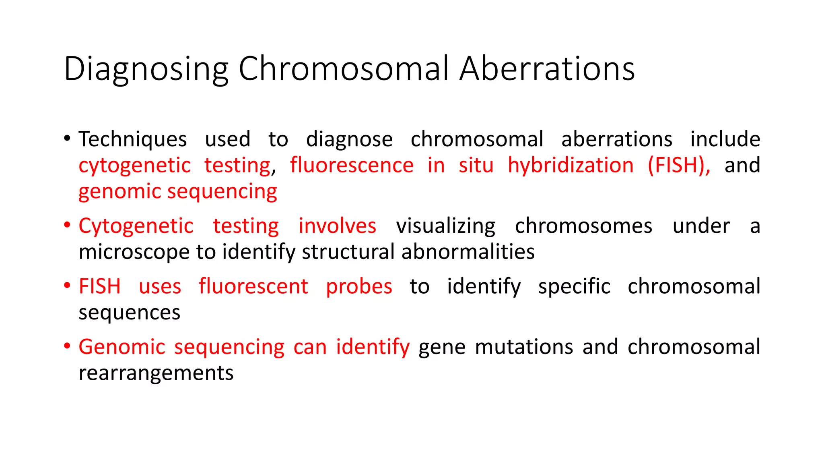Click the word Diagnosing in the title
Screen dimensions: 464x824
[x=146, y=69]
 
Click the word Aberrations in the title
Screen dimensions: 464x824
[x=547, y=68]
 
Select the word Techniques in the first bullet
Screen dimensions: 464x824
[x=132, y=140]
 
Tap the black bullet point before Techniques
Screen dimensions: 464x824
[x=67, y=139]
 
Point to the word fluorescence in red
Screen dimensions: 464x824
[x=352, y=166]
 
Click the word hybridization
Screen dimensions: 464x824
[x=571, y=166]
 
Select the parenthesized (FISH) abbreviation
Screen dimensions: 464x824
[x=678, y=166]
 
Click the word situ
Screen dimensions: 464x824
[x=476, y=166]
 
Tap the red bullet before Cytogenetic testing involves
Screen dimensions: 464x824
[x=67, y=225]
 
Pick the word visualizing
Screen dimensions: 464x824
[x=445, y=226]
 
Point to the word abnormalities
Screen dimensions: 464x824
[x=468, y=252]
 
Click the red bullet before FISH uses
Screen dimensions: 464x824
[x=67, y=286]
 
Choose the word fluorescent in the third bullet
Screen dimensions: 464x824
[x=253, y=286]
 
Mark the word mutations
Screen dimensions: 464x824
[x=524, y=347]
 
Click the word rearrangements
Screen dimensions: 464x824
[x=156, y=373]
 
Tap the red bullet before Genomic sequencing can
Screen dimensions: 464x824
[x=67, y=346]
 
